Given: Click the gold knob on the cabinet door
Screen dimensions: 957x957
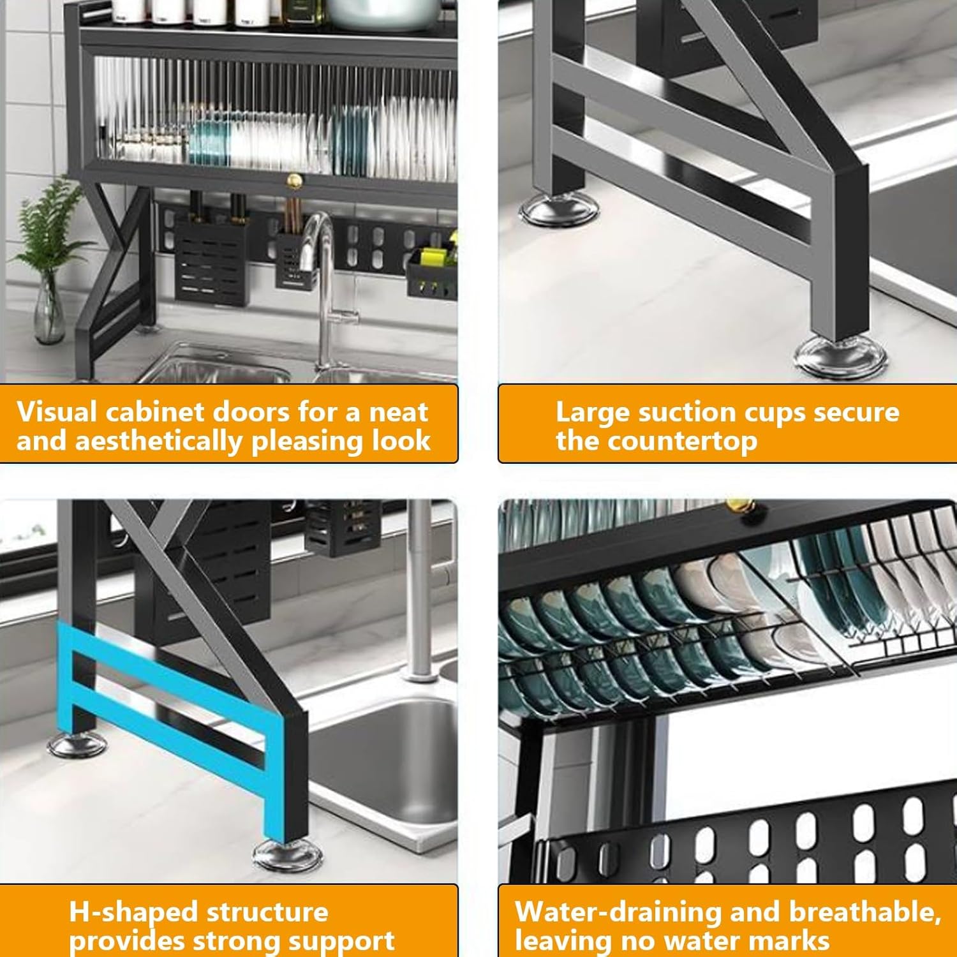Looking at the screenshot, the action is coord(294,181).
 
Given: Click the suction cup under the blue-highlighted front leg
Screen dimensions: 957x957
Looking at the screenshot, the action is coord(284,855).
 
